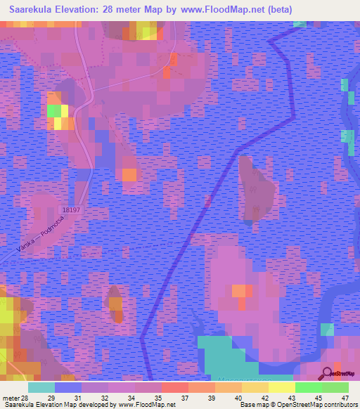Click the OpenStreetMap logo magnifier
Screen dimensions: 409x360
pyautogui.click(x=328, y=373)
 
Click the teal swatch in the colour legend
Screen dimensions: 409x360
pyautogui.click(x=41, y=387)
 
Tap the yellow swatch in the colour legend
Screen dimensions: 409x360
pyautogui.click(x=281, y=387)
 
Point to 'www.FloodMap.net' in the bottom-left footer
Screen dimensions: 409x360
pyautogui.click(x=145, y=404)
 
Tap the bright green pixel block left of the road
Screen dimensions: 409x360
pyautogui.click(x=53, y=110)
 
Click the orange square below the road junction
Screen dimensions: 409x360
pyautogui.click(x=129, y=174)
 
